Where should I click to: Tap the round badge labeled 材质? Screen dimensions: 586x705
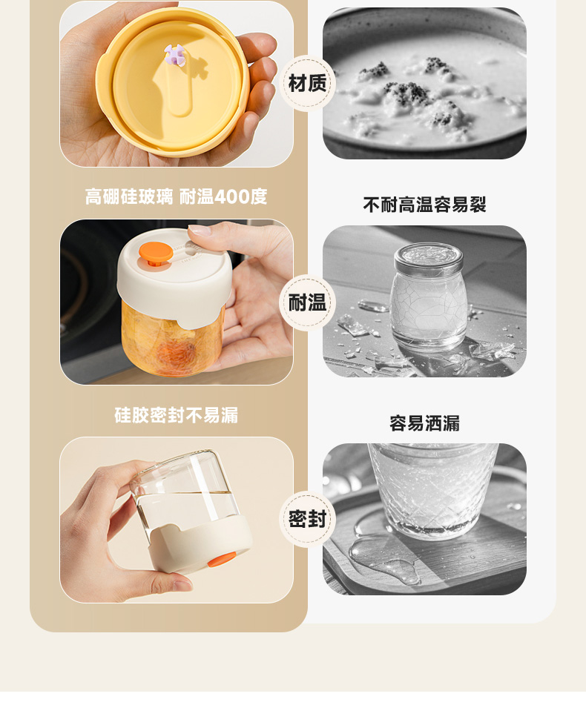(x=308, y=83)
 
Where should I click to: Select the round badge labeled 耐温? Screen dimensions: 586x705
(x=308, y=302)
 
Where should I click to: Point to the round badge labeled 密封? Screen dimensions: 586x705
(x=308, y=519)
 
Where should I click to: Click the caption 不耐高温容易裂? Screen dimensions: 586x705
(x=424, y=205)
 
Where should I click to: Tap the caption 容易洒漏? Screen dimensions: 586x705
(x=424, y=423)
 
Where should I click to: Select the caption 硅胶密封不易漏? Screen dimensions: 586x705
(x=177, y=415)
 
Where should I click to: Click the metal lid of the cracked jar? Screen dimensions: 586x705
(x=429, y=259)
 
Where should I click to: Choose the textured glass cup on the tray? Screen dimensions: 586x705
(x=432, y=490)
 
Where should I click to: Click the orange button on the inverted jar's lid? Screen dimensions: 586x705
(x=221, y=559)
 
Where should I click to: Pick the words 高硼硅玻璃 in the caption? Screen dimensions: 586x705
(x=129, y=196)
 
